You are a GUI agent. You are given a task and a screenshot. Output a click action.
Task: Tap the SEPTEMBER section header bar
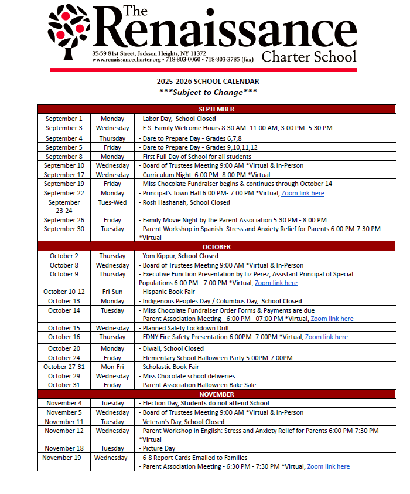pyautogui.click(x=216, y=109)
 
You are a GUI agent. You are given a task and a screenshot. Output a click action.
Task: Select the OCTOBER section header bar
pyautogui.click(x=216, y=247)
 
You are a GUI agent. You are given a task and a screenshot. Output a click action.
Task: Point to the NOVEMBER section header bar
pyautogui.click(x=216, y=394)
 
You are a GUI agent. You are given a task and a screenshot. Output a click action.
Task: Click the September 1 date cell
pyautogui.click(x=64, y=119)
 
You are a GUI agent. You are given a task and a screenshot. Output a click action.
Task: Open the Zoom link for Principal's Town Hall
pyautogui.click(x=302, y=193)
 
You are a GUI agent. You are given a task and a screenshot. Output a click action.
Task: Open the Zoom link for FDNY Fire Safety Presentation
pyautogui.click(x=326, y=337)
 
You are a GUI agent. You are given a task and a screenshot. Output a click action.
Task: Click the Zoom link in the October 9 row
pyautogui.click(x=276, y=283)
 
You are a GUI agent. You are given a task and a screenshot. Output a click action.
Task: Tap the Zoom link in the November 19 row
pyautogui.click(x=328, y=466)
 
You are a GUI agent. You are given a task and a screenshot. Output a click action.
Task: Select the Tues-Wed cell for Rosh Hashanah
pyautogui.click(x=112, y=202)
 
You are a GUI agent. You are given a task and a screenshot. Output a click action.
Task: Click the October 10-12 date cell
pyautogui.click(x=64, y=292)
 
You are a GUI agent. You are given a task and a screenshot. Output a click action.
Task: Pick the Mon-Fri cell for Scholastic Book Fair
pyautogui.click(x=112, y=367)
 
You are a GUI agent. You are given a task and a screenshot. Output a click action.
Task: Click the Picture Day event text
pyautogui.click(x=158, y=448)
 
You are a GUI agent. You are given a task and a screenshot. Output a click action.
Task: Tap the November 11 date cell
pyautogui.click(x=64, y=422)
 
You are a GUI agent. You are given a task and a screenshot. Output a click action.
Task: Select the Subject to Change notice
pyautogui.click(x=208, y=92)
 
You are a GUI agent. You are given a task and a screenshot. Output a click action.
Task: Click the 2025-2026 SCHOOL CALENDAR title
pyautogui.click(x=208, y=82)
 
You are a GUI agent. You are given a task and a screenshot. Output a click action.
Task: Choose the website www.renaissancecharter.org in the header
pyautogui.click(x=126, y=60)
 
